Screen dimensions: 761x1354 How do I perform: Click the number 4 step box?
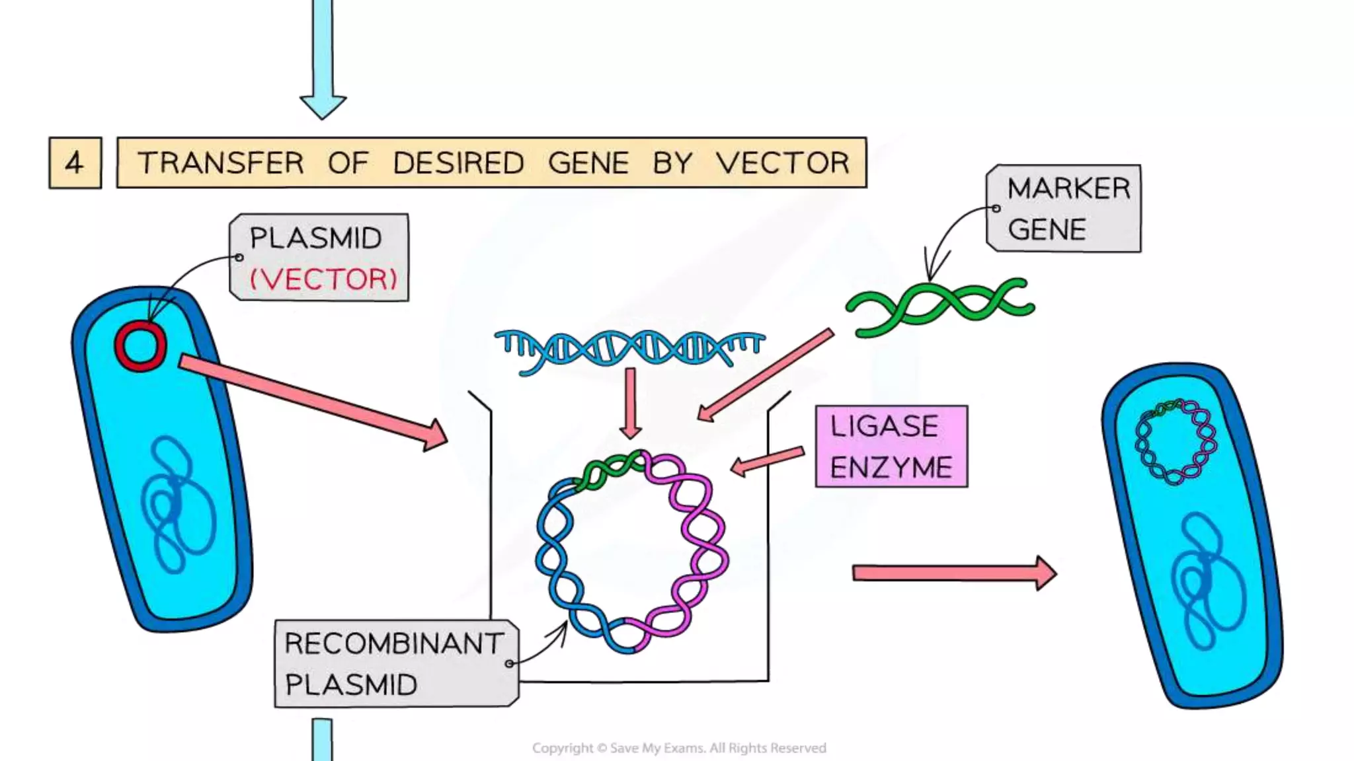click(x=75, y=163)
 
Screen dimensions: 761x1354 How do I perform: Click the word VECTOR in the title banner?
click(x=783, y=163)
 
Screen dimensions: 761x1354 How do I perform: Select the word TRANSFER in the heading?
click(x=221, y=163)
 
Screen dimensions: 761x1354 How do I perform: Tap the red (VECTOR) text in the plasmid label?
click(x=323, y=279)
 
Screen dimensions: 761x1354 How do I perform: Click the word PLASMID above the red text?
click(x=316, y=238)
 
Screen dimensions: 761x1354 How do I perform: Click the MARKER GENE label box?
click(x=1064, y=208)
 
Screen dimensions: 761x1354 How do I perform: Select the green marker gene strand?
click(x=940, y=305)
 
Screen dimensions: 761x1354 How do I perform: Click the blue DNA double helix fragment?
click(x=629, y=348)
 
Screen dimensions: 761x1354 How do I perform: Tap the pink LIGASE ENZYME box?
click(x=891, y=447)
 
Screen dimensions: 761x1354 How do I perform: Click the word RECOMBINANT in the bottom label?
click(x=394, y=643)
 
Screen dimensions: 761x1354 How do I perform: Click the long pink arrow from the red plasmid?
click(x=311, y=400)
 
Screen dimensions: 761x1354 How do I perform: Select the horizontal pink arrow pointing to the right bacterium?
click(x=952, y=572)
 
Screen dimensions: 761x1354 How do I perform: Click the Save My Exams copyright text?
click(x=679, y=748)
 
